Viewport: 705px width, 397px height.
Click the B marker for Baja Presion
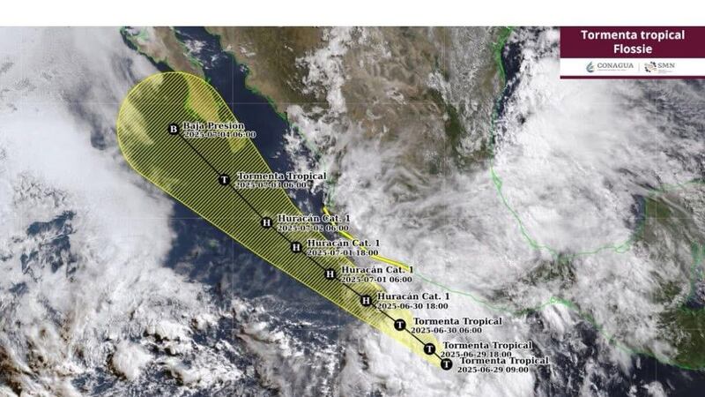point(173,131)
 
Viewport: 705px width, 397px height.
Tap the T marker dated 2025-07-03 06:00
point(224,179)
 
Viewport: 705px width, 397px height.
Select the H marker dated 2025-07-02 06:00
point(266,222)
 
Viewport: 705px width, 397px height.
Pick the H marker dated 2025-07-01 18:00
point(296,247)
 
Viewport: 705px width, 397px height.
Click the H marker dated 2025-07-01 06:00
point(330,274)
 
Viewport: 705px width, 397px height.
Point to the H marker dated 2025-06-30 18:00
point(365,301)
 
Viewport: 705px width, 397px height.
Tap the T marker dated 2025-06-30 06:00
point(400,325)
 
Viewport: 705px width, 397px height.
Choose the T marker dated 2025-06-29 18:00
point(429,348)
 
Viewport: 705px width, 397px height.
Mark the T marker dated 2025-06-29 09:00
point(447,363)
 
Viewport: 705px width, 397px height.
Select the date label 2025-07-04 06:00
point(220,135)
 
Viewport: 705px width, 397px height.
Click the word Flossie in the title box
point(632,49)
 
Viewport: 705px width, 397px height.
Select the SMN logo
point(663,67)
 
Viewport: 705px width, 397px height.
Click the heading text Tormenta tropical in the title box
point(632,35)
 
